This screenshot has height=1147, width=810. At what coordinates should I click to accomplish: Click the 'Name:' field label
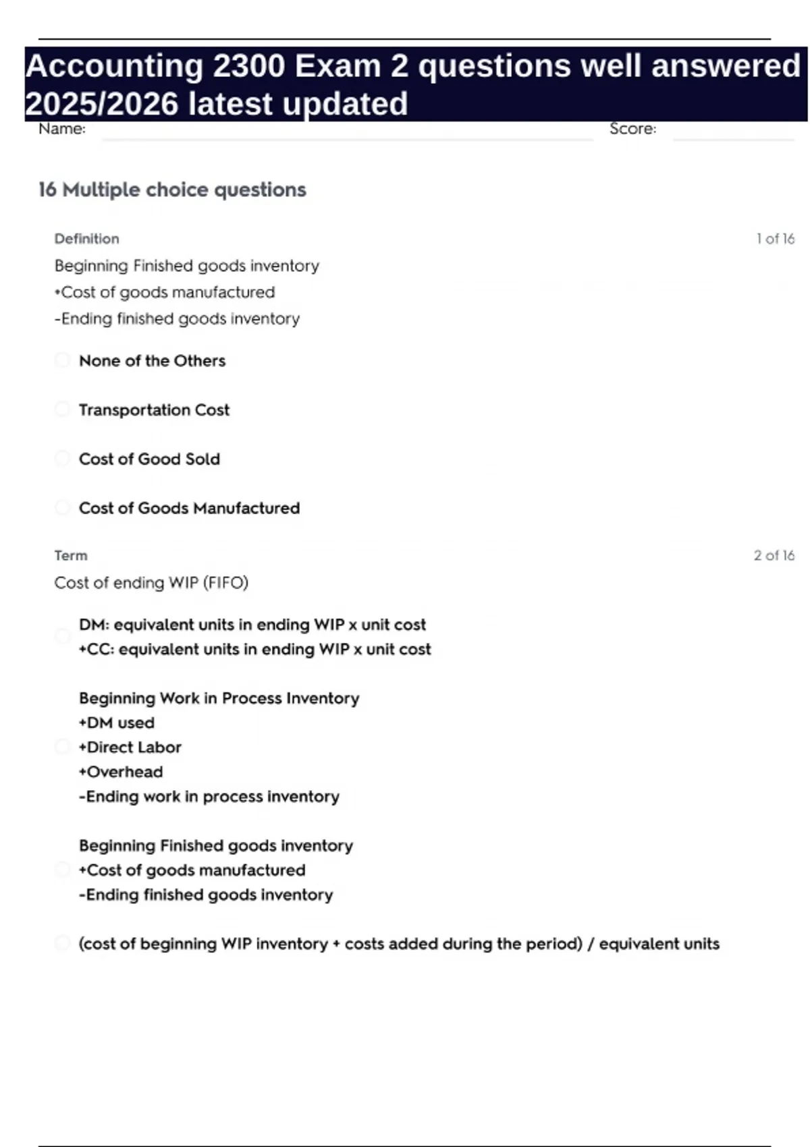tap(61, 129)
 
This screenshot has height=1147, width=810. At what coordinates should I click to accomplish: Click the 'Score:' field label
tap(632, 129)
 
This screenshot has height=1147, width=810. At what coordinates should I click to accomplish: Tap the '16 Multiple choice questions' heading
tap(172, 190)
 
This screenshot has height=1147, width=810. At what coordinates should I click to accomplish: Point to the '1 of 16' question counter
tap(775, 239)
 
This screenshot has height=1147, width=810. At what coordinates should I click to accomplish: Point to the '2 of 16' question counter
tap(774, 556)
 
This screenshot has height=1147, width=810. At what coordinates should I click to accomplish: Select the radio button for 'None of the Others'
tap(62, 360)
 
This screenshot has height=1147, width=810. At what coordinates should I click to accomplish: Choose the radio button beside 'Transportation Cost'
tap(62, 410)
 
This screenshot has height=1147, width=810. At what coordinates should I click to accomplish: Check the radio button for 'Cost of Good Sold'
tap(62, 459)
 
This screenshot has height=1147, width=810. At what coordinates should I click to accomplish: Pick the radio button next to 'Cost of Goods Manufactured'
tap(62, 508)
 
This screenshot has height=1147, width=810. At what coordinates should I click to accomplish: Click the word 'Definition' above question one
tap(86, 239)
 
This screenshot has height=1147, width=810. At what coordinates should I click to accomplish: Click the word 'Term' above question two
tap(71, 556)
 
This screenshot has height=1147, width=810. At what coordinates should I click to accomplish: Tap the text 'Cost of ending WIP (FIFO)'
tap(151, 583)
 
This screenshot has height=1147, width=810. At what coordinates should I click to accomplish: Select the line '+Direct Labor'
tap(130, 748)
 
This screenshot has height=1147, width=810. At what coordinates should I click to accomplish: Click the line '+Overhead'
tap(121, 772)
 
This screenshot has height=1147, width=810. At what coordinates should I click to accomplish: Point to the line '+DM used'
tap(117, 723)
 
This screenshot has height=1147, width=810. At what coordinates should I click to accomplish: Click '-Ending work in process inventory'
tap(209, 797)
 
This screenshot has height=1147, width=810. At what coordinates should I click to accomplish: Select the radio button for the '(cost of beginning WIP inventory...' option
tap(62, 943)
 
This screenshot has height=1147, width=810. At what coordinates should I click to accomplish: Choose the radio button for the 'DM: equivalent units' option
tap(62, 637)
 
